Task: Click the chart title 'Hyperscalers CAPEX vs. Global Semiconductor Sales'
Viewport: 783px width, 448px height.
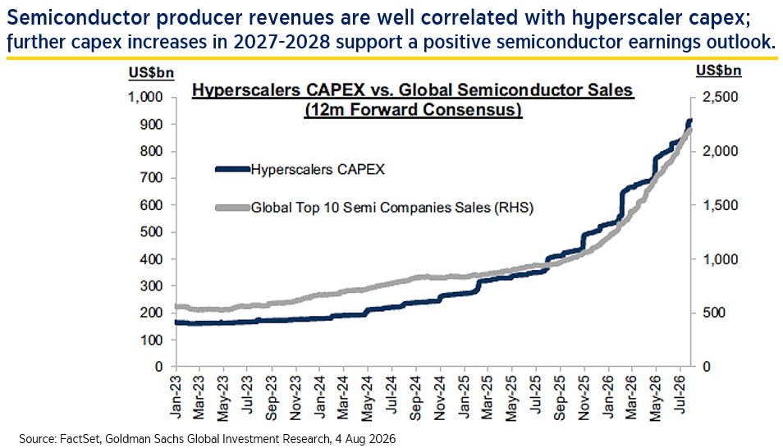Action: pyautogui.click(x=413, y=90)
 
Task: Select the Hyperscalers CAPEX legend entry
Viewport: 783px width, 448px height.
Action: pyautogui.click(x=300, y=169)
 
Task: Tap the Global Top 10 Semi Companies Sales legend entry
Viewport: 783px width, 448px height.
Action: pyautogui.click(x=374, y=208)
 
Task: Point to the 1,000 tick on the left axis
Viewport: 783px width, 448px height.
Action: pyautogui.click(x=146, y=97)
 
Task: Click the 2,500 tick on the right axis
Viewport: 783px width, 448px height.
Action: pyautogui.click(x=720, y=97)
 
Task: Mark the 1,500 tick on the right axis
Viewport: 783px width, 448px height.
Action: pyautogui.click(x=720, y=205)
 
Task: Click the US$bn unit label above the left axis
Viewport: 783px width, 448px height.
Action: pyautogui.click(x=151, y=73)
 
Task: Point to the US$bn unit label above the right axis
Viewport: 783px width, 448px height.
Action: pyautogui.click(x=719, y=71)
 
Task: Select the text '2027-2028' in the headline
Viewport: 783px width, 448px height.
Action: pyautogui.click(x=282, y=42)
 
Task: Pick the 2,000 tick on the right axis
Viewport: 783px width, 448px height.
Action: pyautogui.click(x=720, y=151)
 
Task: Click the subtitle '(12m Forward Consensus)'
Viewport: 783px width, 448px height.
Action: pyautogui.click(x=413, y=109)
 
